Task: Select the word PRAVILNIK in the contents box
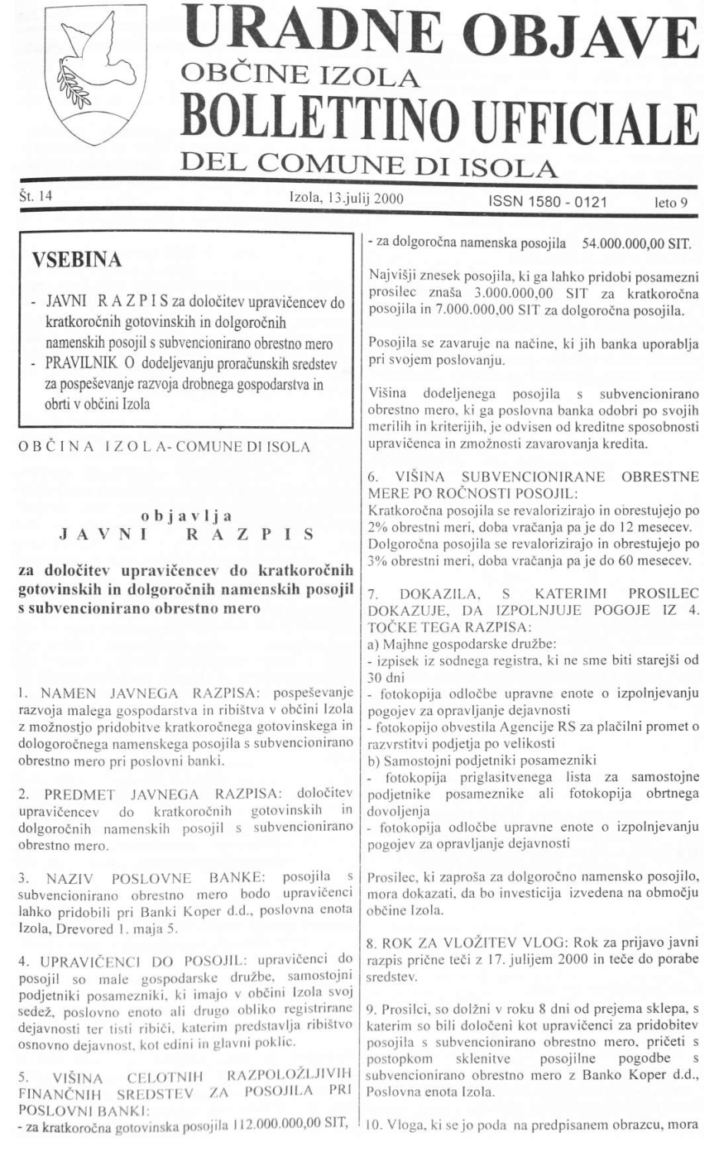tap(83, 362)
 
